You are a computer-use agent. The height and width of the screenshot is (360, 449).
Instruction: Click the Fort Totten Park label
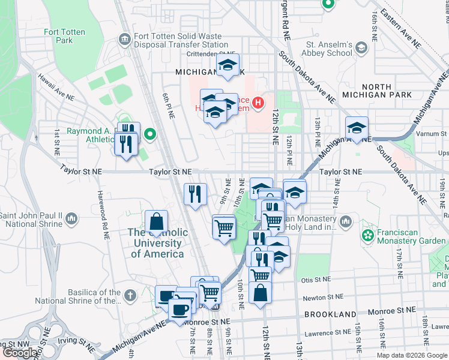click(x=58, y=36)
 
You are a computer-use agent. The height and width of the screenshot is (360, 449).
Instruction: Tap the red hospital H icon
click(x=258, y=103)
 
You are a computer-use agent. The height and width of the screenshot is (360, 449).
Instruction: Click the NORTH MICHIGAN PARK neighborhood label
click(x=377, y=90)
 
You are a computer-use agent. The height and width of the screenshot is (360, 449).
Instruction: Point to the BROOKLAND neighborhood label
click(x=330, y=314)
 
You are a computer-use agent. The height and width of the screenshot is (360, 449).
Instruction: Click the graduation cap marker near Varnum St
click(x=357, y=127)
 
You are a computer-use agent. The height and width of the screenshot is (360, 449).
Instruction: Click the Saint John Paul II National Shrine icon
click(x=71, y=218)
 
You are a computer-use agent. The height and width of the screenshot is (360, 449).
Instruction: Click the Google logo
click(x=21, y=353)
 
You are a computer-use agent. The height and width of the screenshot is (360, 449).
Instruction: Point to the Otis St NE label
click(x=316, y=280)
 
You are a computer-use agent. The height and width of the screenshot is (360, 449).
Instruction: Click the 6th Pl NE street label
click(x=167, y=106)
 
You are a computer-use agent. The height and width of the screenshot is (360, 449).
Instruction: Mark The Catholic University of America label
click(x=157, y=243)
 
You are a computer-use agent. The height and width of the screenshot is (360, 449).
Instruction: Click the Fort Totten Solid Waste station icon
click(x=124, y=40)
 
